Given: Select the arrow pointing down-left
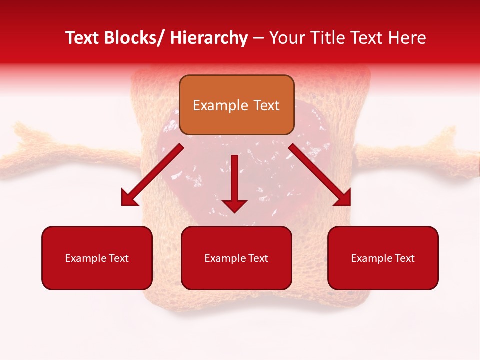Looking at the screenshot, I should tap(152, 175).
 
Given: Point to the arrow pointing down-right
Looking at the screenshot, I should tap(320, 175).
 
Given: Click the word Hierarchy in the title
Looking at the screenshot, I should tap(209, 38).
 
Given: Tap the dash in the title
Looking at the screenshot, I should tap(258, 38).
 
